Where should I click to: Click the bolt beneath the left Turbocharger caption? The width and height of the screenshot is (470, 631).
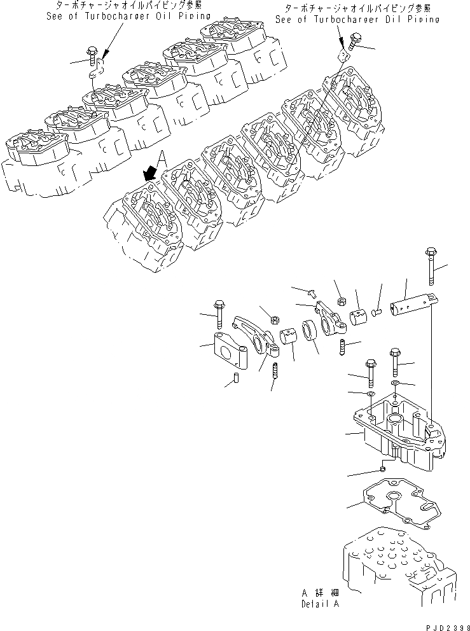coord(92,57)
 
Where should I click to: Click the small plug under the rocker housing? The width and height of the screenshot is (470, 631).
coord(382,469)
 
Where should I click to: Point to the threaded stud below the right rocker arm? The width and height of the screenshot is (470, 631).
coord(342,348)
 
